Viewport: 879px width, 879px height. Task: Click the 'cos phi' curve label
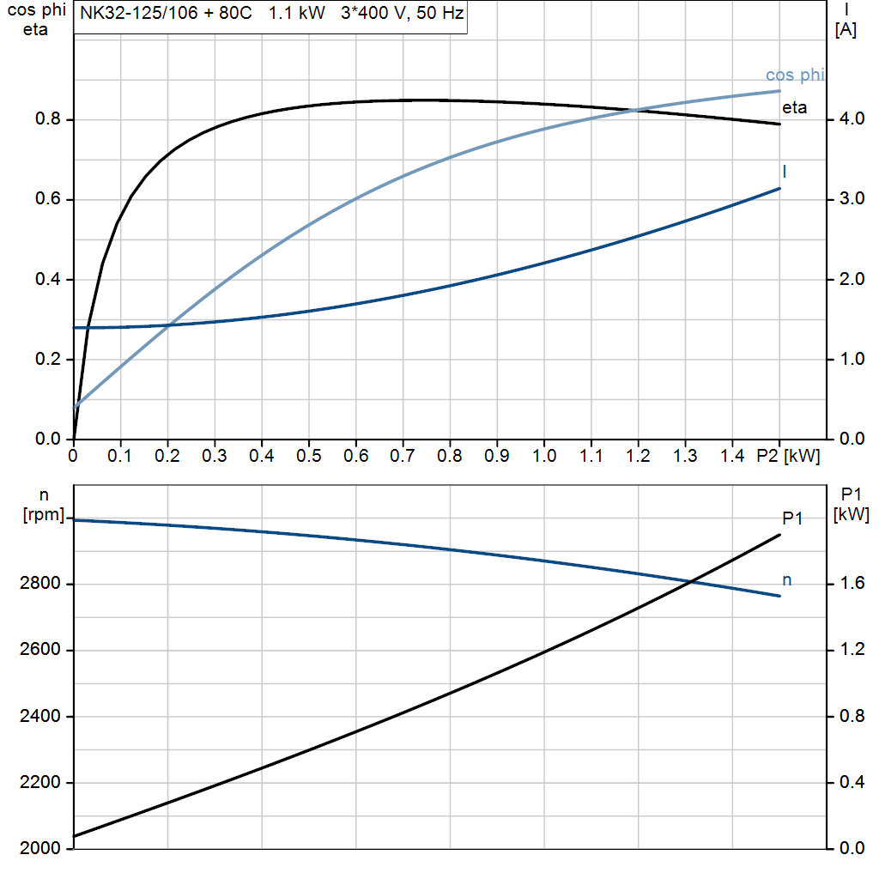794,76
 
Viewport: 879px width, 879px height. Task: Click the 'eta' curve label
794,108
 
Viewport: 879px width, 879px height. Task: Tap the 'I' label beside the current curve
785,172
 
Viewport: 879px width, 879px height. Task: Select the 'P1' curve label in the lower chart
792,518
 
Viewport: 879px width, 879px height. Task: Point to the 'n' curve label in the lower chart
786,581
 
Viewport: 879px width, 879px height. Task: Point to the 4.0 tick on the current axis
850,119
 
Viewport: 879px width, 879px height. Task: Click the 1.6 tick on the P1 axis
850,585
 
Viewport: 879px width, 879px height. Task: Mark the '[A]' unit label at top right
846,29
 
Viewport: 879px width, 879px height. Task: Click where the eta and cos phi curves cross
635,110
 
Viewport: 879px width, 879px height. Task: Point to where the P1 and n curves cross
692,583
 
